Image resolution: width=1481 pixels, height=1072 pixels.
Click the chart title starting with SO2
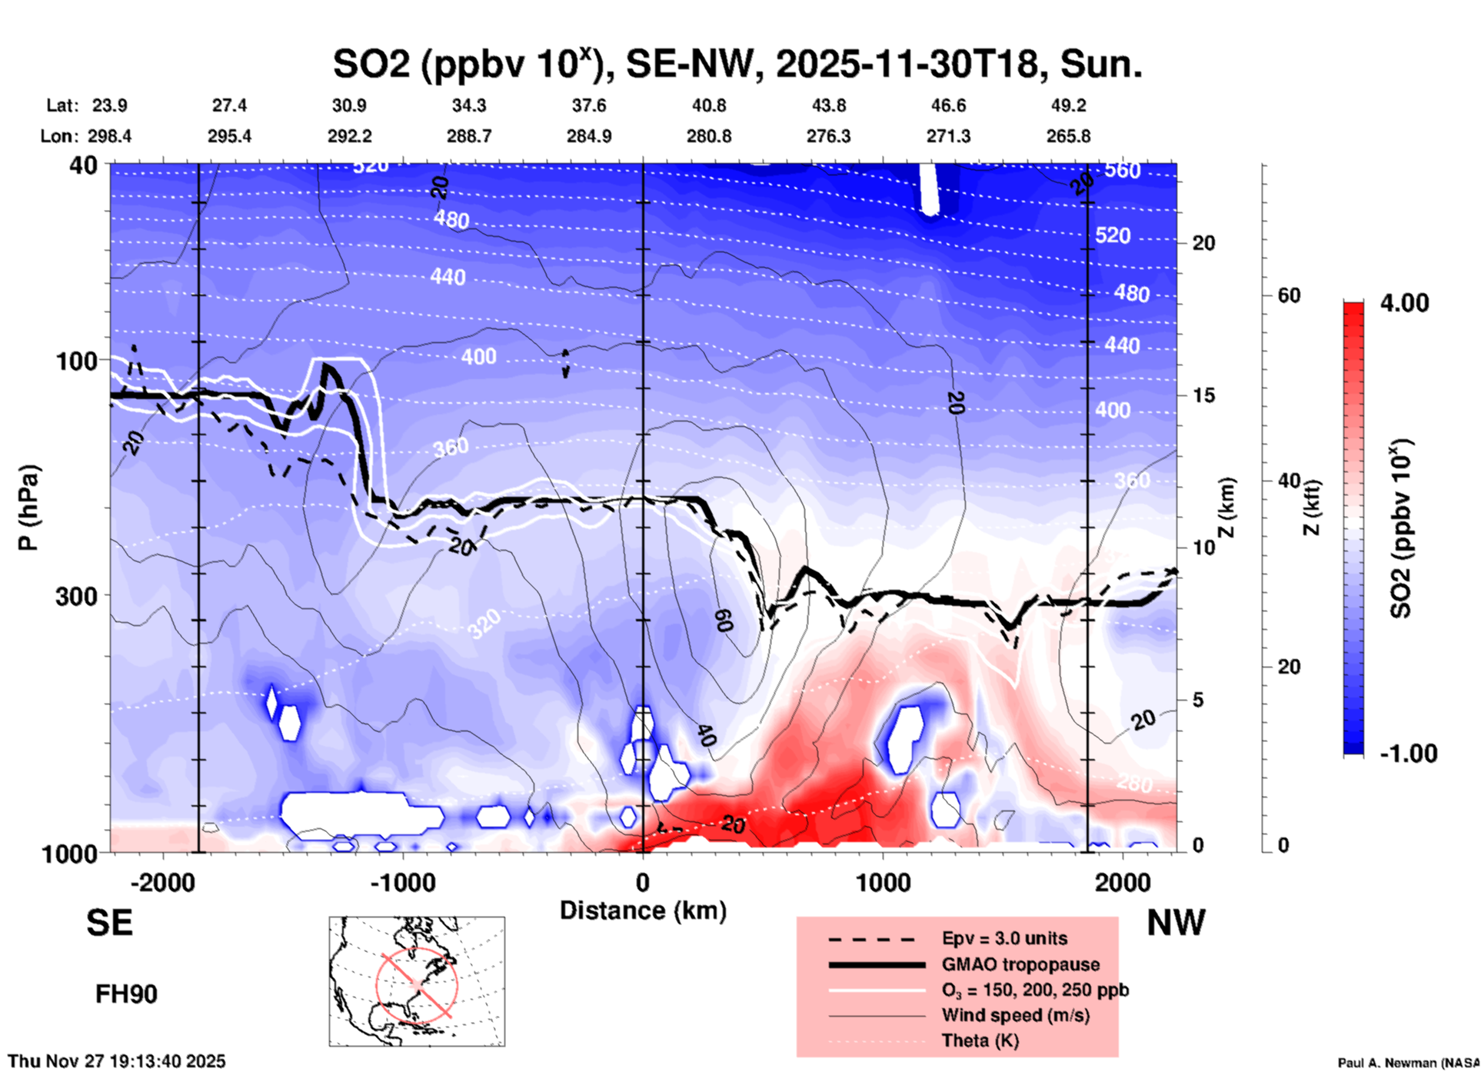737,63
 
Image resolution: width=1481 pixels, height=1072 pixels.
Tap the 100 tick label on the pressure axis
77,360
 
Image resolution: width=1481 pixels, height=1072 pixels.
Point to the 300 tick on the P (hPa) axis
77,596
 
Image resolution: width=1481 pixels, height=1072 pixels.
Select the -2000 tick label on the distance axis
162,882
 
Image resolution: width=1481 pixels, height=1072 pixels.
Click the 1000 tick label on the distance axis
883,882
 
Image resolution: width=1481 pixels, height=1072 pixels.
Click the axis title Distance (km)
643,911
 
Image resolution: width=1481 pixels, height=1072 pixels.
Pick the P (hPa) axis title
28,508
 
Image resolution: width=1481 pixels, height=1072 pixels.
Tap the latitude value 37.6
589,105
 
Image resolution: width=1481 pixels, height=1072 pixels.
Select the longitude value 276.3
828,136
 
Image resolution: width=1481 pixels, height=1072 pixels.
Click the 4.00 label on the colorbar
1404,303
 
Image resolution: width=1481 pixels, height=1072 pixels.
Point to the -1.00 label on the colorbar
1407,753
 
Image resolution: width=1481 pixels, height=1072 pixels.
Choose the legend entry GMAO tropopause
1020,964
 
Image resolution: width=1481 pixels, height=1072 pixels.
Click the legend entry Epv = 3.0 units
1004,938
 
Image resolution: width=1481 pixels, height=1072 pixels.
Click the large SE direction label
109,923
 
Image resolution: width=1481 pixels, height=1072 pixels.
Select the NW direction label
1176,923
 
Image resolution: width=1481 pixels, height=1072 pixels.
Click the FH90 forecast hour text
126,994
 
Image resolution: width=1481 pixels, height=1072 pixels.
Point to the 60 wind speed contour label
724,620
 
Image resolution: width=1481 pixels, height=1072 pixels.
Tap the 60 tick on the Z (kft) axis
1289,295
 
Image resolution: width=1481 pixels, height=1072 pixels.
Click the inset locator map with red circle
417,980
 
